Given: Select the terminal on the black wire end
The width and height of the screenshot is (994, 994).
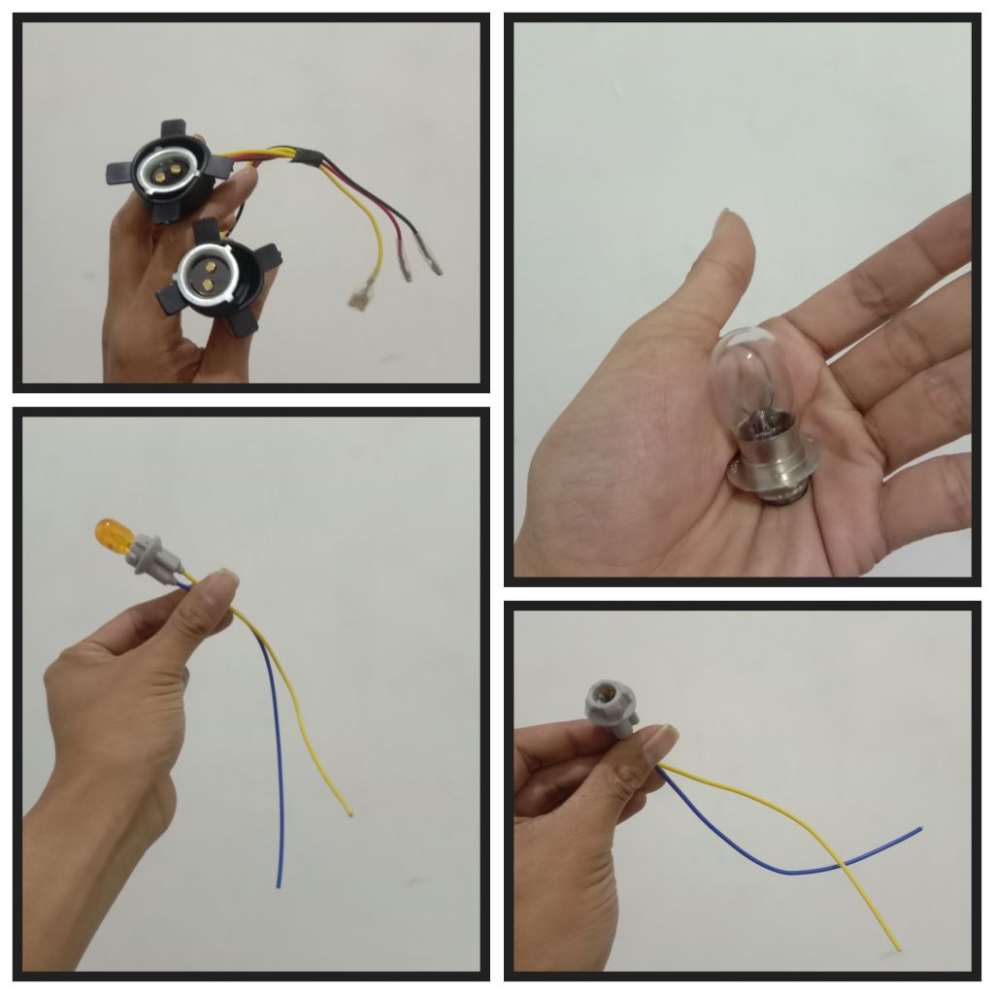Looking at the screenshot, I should [x=428, y=260].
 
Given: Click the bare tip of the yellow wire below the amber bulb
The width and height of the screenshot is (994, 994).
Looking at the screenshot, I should [x=349, y=813].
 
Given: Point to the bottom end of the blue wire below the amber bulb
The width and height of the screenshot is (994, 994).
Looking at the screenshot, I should [x=280, y=883].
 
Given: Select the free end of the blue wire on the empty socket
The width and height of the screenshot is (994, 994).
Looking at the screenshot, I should [x=917, y=830].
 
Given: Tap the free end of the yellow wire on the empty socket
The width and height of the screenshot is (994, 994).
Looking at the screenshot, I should [x=898, y=948].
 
